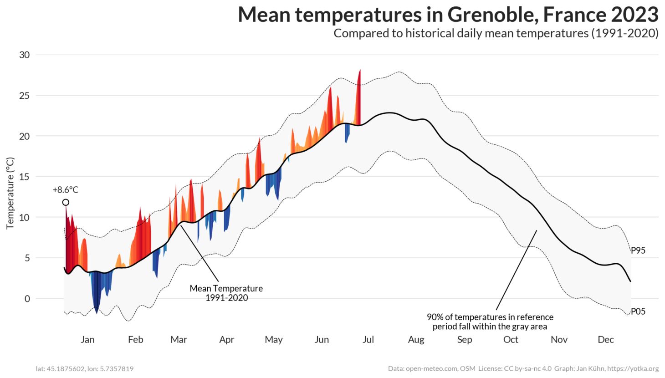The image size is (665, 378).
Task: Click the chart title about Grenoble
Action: pos(448,15)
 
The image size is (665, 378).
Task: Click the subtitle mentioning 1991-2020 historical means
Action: pos(496,33)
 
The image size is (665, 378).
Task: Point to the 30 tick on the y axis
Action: pos(24,55)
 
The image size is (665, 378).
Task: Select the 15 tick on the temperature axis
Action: pos(24,177)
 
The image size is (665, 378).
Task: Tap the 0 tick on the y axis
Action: pos(27,299)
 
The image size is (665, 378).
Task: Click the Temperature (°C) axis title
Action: pos(10,193)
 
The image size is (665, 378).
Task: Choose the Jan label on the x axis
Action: pos(87,339)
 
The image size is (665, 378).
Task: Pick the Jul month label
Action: pos(368,339)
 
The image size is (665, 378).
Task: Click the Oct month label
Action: pos(511,339)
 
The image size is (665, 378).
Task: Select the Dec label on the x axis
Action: pos(605,339)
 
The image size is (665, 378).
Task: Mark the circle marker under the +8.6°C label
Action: pos(66,202)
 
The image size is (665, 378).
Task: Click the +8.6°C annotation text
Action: pos(66,190)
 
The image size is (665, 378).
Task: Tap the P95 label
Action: pos(638,250)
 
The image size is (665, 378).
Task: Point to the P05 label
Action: pos(638,312)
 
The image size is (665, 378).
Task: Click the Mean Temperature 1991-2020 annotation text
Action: pos(226,293)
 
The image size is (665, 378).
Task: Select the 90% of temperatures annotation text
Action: pos(490,322)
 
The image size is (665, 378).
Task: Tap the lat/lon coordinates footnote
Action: pos(85,368)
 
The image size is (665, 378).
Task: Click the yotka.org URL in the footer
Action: pos(633,368)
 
